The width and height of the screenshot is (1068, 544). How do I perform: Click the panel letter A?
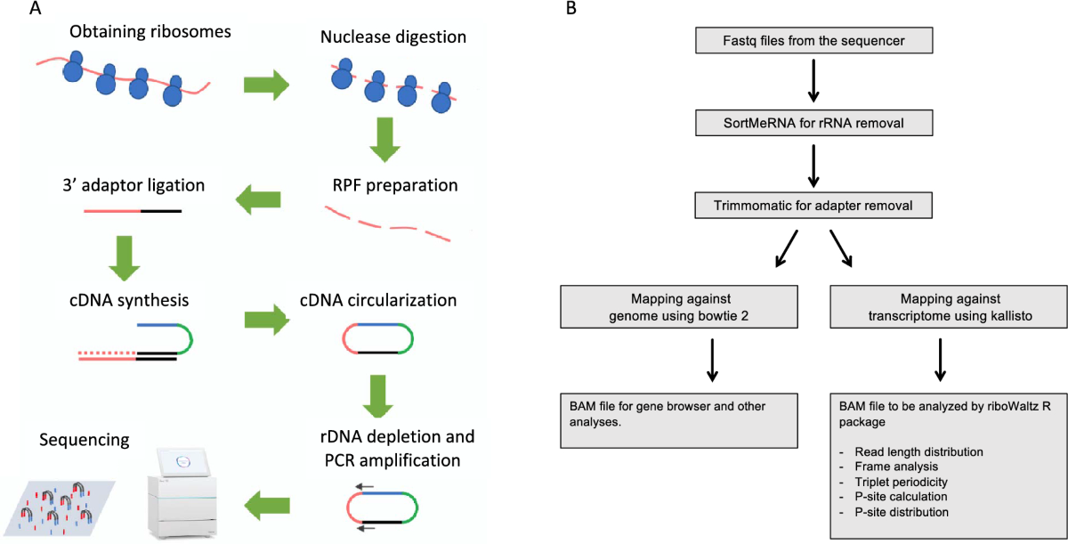36,10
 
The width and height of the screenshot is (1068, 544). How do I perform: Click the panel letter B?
571,10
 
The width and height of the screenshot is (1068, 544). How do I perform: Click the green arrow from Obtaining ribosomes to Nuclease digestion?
266,85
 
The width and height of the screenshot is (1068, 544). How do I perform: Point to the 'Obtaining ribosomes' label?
150,33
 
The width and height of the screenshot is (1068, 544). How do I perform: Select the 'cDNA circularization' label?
378,300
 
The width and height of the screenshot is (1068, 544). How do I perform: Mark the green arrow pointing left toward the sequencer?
266,507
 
